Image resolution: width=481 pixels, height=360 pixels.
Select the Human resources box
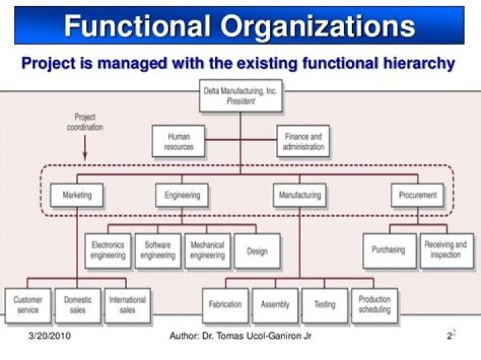178,141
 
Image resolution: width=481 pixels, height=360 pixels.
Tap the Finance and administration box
303,141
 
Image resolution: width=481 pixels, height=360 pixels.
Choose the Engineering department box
182,195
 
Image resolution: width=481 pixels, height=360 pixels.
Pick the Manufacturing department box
299,195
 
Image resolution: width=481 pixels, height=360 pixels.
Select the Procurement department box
417,195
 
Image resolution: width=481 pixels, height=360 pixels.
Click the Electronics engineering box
108,250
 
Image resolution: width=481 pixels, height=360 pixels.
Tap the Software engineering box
158,250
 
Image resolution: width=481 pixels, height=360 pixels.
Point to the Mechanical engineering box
207,250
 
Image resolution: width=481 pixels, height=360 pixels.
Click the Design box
257,250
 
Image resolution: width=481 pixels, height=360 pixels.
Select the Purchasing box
388,250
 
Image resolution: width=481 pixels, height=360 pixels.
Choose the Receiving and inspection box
446,250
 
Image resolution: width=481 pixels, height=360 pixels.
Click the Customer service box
27,305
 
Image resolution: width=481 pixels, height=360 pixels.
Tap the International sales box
127,305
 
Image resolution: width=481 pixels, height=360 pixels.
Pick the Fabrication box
225,305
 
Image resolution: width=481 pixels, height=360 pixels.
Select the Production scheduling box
374,305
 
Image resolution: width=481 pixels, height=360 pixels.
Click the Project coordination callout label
85,122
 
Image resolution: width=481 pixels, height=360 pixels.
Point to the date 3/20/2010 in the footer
50,336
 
